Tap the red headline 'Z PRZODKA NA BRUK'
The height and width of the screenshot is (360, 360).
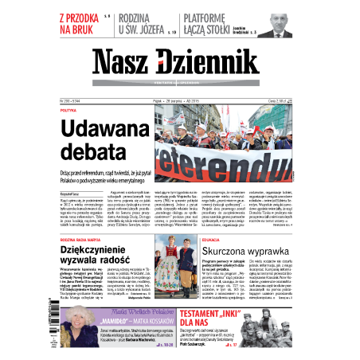81,24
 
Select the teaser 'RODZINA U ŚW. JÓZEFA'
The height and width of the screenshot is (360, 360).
147,24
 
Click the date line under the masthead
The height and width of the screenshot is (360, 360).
179,102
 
